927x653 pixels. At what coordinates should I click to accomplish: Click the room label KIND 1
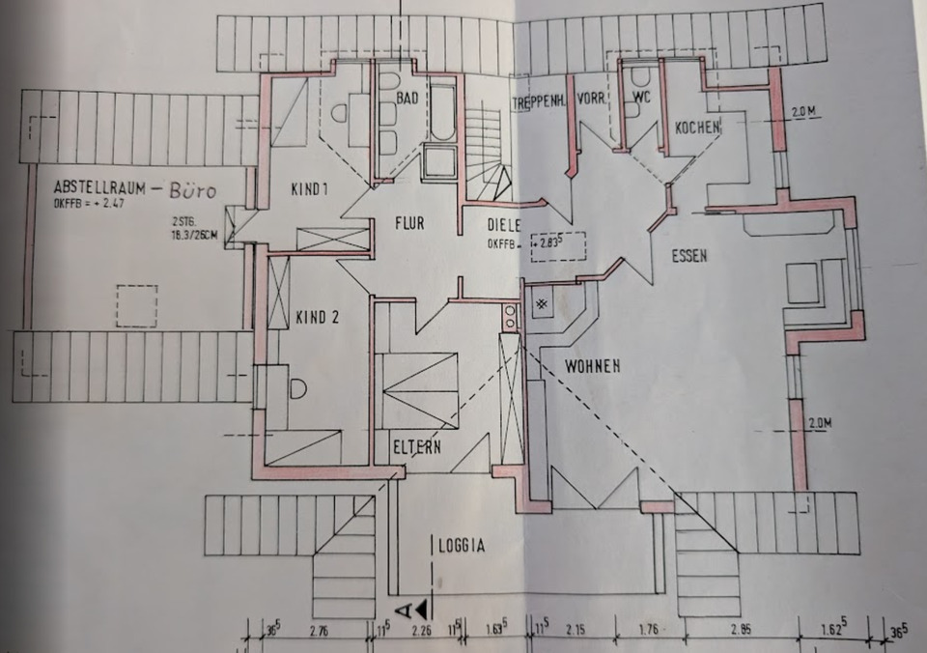(x=309, y=189)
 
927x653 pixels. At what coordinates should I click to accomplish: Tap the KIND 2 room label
(x=317, y=316)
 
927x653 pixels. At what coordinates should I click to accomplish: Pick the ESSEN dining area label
(x=690, y=256)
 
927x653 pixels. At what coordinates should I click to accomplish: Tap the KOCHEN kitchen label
(x=698, y=128)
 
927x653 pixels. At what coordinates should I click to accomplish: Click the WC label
(x=643, y=99)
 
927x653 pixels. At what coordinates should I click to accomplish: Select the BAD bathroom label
(x=407, y=98)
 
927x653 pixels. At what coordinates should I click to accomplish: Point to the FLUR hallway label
(x=409, y=222)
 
